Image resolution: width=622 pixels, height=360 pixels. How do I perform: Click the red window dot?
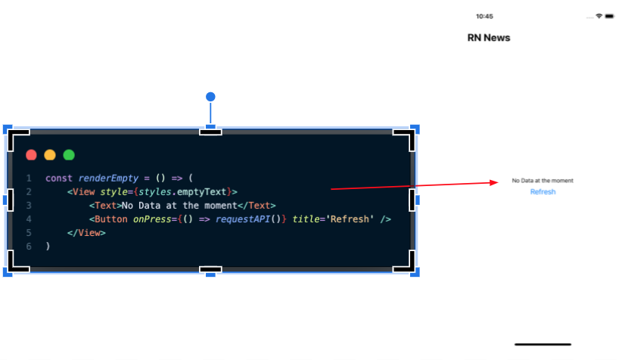[x=31, y=155]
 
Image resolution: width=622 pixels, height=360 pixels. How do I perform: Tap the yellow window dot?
[x=50, y=155]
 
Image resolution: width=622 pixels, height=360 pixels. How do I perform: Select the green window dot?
[x=69, y=155]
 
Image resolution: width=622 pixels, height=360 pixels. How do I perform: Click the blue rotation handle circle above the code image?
[x=210, y=97]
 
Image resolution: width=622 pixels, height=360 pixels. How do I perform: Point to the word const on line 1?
[x=59, y=178]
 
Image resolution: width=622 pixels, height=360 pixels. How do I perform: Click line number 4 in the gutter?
[x=29, y=219]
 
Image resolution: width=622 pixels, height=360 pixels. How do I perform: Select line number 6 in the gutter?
[x=29, y=247]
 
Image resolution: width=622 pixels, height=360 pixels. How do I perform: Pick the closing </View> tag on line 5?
[x=86, y=233]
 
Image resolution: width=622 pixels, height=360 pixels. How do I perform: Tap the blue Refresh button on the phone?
[x=543, y=192]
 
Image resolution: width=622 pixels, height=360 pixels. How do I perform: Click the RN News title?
[x=489, y=38]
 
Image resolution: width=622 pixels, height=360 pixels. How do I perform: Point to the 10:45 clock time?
[x=484, y=16]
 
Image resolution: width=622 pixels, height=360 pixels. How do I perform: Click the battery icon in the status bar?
[x=609, y=16]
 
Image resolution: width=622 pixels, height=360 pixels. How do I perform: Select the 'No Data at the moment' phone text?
[x=543, y=181]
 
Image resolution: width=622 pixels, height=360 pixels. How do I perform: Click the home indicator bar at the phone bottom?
[x=543, y=345]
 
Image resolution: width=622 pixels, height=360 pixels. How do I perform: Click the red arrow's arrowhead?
[x=496, y=182]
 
